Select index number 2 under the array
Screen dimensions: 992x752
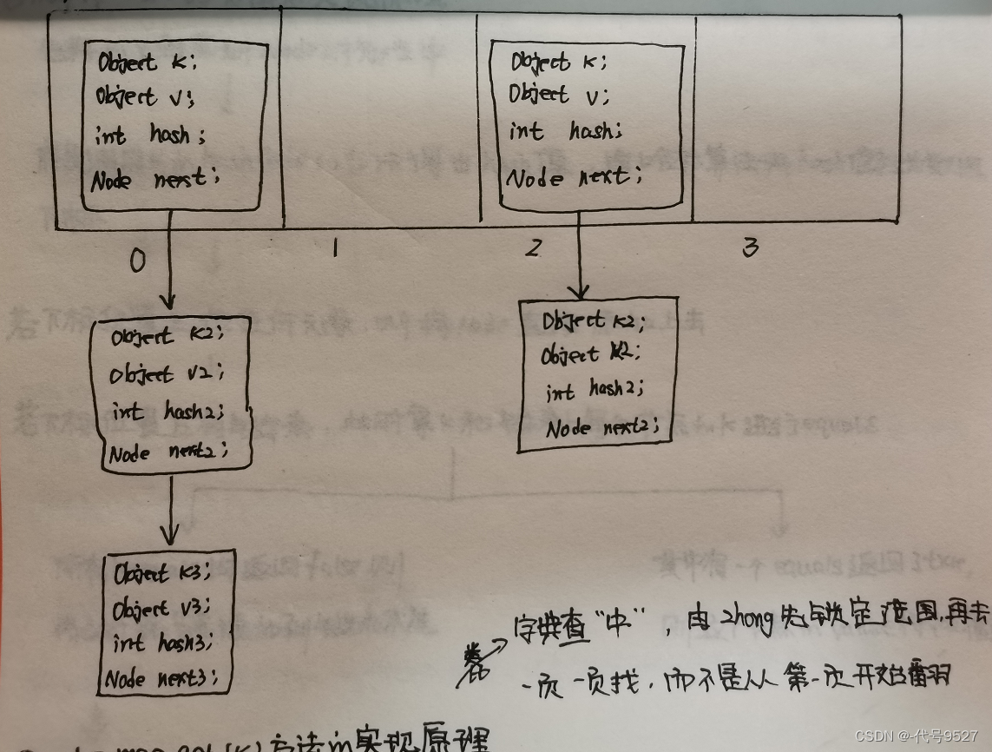tap(533, 248)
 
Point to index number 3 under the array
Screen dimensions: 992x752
tap(750, 248)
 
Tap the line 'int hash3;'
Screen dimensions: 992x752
tap(161, 643)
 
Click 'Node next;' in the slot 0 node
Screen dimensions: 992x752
tap(156, 180)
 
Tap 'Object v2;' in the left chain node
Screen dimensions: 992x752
tap(167, 374)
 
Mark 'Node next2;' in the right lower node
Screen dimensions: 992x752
tap(601, 427)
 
